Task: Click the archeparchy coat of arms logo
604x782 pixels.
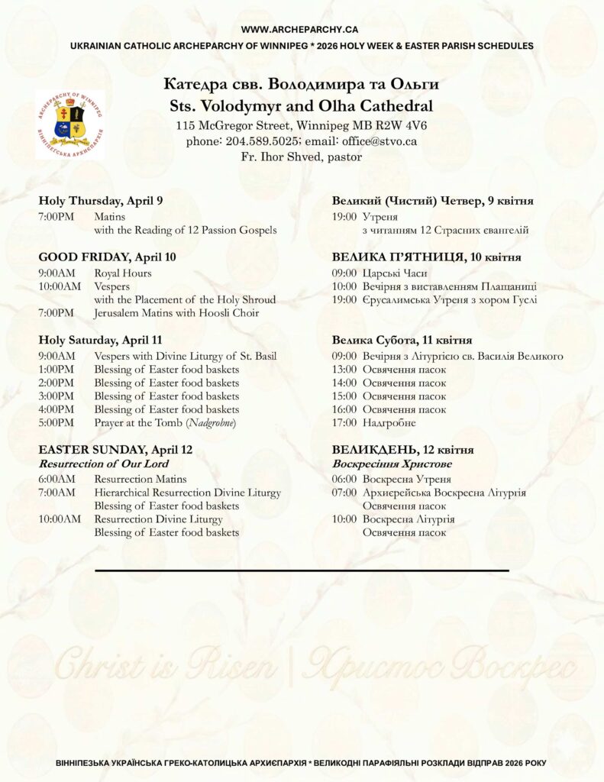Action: (69, 124)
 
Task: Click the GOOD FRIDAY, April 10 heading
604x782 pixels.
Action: (107, 257)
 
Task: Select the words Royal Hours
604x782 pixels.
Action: (122, 273)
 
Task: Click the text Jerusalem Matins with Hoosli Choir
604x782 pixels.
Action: (176, 312)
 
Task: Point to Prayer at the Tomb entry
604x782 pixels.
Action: (165, 422)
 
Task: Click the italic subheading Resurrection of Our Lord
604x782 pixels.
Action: (104, 464)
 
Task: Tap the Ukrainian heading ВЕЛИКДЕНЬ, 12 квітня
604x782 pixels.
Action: (402, 450)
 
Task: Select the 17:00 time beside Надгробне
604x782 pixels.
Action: (344, 422)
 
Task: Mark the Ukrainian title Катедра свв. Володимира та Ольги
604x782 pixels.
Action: (301, 83)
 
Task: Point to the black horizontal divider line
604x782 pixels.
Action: (302, 570)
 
